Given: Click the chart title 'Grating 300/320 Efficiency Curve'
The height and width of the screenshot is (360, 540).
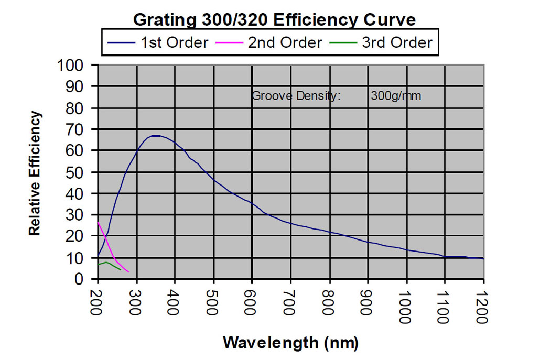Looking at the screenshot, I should tap(274, 20).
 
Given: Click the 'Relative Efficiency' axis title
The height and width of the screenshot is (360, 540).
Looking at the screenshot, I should tap(35, 173).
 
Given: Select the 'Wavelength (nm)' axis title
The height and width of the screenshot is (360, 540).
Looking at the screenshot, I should tap(291, 343).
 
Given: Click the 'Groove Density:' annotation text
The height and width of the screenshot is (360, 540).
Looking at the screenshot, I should tap(296, 96).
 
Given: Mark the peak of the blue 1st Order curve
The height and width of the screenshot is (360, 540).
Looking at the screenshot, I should tap(156, 136).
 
